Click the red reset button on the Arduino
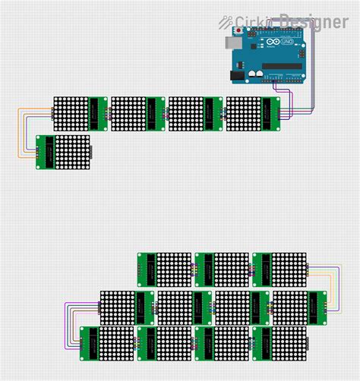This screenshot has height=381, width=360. [241, 31]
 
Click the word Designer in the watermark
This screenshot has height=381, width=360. [313, 22]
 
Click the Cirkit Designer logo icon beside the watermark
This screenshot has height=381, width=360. [226, 22]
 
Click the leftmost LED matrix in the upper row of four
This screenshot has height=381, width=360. [80, 113]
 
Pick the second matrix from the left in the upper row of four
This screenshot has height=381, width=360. [137, 113]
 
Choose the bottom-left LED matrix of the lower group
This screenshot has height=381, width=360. [106, 344]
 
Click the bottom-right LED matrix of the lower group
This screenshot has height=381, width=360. [279, 344]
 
